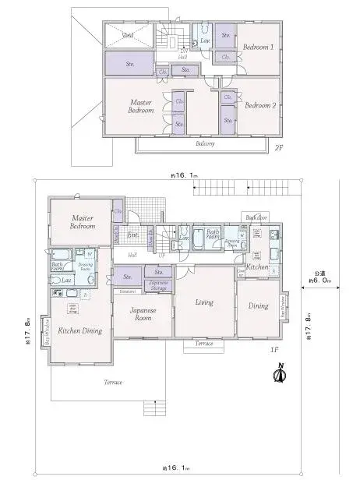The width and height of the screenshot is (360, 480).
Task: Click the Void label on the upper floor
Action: click(x=128, y=36)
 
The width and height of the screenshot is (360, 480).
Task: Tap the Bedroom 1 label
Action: click(x=258, y=47)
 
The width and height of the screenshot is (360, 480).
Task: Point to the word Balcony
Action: click(x=205, y=143)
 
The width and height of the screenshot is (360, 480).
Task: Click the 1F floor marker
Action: click(x=274, y=350)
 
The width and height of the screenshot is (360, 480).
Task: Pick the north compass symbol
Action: click(x=278, y=376)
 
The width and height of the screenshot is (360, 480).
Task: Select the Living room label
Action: click(x=204, y=302)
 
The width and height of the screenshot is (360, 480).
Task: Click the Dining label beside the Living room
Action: click(x=258, y=306)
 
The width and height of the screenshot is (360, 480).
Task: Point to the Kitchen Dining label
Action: click(x=82, y=331)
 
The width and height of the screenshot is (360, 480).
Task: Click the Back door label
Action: click(x=256, y=217)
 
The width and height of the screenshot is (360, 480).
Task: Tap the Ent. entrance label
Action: click(x=132, y=234)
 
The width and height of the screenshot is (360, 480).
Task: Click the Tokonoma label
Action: click(x=127, y=291)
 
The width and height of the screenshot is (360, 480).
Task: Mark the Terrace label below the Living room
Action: click(x=204, y=343)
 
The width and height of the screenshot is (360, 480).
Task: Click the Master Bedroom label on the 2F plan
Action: click(x=141, y=106)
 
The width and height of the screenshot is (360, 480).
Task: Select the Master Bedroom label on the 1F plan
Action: click(x=83, y=222)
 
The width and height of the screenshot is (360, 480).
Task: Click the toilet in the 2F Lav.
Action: click(x=197, y=37)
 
